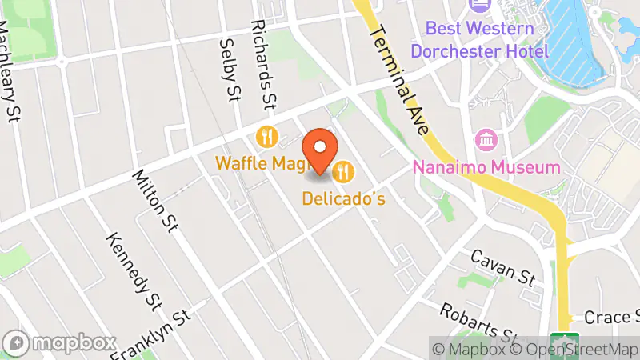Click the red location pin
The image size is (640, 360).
click(320, 150)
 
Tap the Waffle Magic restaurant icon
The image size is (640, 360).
click(266, 137)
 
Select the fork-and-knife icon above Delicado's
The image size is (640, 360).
click(344, 170)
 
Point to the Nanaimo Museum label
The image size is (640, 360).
click(486, 167)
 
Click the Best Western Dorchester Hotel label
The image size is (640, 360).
click(480, 40)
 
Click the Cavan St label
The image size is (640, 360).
click(502, 267)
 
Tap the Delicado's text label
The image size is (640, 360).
click(344, 198)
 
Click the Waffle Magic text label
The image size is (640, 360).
click(261, 163)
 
